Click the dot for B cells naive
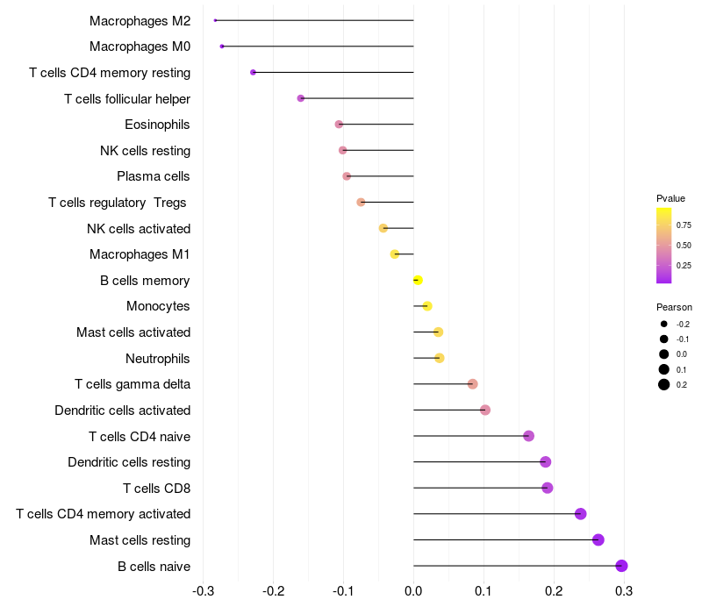(x=621, y=566)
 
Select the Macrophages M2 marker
(x=215, y=20)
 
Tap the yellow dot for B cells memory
(x=418, y=280)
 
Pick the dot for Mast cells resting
(x=598, y=539)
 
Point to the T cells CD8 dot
(x=548, y=488)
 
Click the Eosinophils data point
(x=339, y=125)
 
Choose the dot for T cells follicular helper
(x=301, y=98)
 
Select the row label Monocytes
(x=158, y=306)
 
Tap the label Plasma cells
(x=154, y=176)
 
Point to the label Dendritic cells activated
(x=123, y=410)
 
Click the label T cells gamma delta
(x=133, y=384)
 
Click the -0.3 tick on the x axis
(x=203, y=590)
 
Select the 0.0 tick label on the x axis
(x=413, y=590)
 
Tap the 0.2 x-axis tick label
(x=554, y=590)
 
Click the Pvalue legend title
(x=670, y=198)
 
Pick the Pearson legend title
(x=674, y=307)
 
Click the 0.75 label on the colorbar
(x=683, y=225)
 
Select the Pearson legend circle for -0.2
(x=664, y=325)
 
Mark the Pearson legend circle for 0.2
(x=664, y=384)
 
